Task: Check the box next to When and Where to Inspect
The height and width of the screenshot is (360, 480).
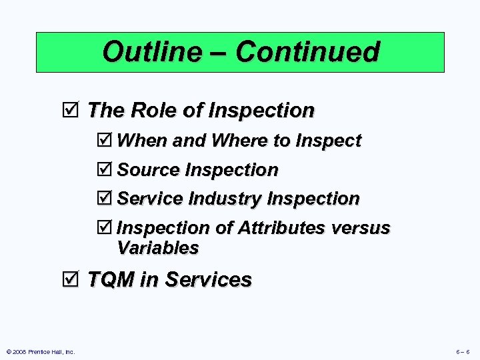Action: [x=105, y=141]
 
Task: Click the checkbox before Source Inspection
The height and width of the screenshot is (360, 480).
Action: [x=105, y=170]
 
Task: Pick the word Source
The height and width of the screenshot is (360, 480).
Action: [x=148, y=170]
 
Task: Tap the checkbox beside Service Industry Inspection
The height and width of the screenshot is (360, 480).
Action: [x=105, y=199]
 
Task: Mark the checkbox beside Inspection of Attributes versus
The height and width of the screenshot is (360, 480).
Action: [x=105, y=228]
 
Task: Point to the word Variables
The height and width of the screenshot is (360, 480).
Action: [x=157, y=248]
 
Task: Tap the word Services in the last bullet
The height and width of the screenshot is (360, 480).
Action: [x=208, y=279]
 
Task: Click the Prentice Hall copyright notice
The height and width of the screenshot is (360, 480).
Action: [x=41, y=351]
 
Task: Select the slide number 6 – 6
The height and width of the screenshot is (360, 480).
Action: [x=463, y=351]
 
